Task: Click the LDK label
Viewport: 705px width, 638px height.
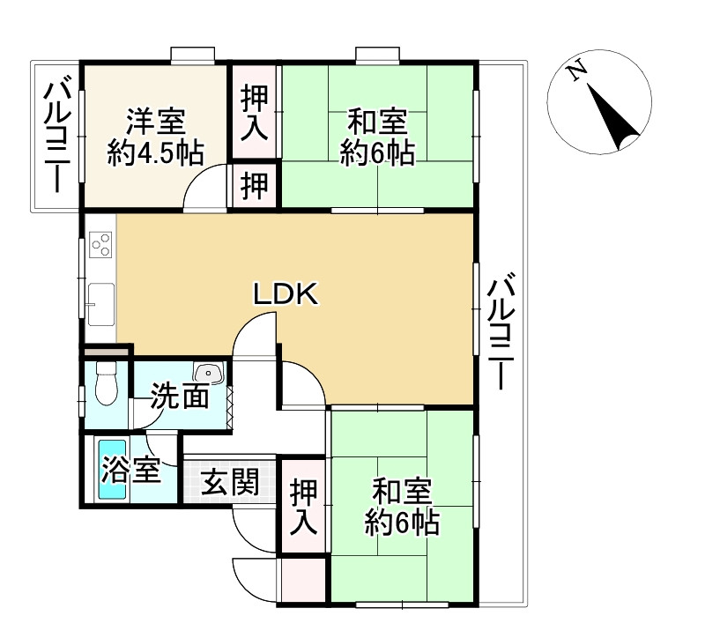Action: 285,294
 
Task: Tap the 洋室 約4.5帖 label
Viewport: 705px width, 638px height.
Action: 155,137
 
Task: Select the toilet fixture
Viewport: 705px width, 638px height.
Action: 106,385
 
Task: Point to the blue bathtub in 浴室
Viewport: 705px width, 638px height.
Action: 113,470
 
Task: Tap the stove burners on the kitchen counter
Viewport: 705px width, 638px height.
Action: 100,242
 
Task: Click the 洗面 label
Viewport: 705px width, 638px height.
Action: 179,397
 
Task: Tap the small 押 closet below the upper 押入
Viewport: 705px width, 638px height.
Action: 255,186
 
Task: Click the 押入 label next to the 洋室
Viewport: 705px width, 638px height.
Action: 255,113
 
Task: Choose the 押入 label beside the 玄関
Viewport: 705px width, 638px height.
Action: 304,506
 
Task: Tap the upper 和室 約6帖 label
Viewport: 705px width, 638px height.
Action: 377,137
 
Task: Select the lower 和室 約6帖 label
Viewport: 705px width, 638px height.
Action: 403,506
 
